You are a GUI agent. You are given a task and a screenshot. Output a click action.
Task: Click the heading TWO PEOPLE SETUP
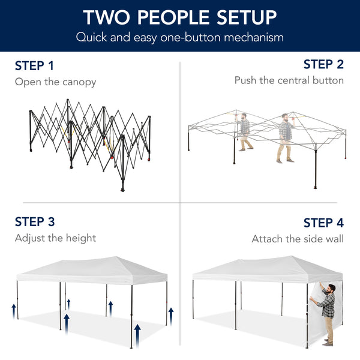[180, 17]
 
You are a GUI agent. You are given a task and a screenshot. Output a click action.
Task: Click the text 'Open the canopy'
[55, 82]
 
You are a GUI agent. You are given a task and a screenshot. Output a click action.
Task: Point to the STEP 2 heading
[323, 64]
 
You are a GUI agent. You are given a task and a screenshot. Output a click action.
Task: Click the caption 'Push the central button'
[289, 80]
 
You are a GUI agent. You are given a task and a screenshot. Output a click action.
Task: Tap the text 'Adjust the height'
[55, 238]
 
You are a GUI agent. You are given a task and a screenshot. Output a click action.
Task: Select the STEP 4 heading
[323, 223]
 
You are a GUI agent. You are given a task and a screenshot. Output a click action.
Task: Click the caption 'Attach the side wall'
[298, 239]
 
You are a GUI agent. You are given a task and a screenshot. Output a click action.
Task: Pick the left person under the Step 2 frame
[244, 132]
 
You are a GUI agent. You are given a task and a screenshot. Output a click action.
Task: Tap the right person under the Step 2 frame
[285, 137]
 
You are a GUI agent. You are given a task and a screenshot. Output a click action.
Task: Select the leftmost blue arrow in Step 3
[13, 310]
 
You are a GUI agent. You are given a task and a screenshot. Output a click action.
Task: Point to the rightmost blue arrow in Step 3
[171, 314]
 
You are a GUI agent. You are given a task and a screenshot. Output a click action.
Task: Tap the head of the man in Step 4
[329, 289]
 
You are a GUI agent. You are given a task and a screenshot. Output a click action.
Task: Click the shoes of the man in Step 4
[328, 342]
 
